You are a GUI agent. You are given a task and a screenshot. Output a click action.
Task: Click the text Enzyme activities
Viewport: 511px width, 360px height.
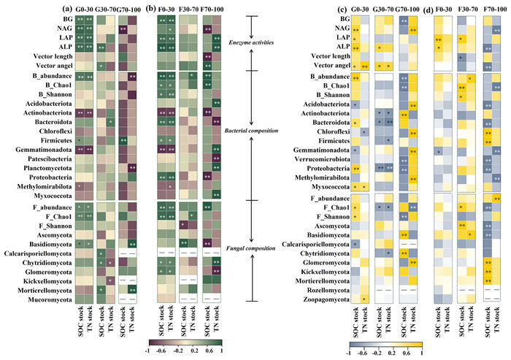pyautogui.click(x=248, y=45)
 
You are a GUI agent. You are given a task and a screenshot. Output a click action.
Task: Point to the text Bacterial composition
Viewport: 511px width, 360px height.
pyautogui.click(x=248, y=131)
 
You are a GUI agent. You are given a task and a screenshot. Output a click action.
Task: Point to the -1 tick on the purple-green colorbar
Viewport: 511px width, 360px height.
pyautogui.click(x=150, y=351)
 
